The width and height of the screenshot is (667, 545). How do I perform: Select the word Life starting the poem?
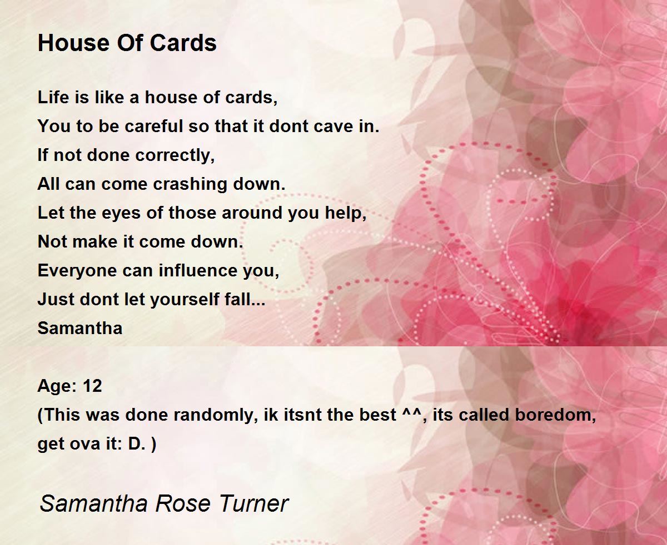pyautogui.click(x=52, y=98)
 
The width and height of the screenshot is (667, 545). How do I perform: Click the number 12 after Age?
pyautogui.click(x=92, y=386)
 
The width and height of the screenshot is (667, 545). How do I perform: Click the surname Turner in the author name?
pyautogui.click(x=254, y=503)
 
